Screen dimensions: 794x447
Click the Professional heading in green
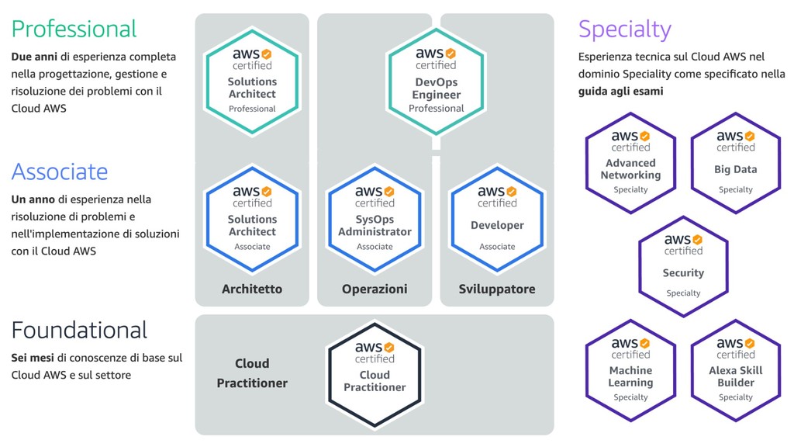74,29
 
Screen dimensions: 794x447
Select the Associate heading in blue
60,172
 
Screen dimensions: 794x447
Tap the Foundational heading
80,330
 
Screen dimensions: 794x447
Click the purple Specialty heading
625,30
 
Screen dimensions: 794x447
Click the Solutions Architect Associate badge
252,219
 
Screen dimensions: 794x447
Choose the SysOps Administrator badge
375,219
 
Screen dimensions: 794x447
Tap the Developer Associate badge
497,219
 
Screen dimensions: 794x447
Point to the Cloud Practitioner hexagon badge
375,375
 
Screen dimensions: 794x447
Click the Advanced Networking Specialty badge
630,163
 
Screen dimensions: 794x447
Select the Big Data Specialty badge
736,163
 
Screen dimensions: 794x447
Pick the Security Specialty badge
683,267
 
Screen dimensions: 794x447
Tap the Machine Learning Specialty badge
630,370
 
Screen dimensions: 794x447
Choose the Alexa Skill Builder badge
736,370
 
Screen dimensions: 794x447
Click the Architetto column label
252,289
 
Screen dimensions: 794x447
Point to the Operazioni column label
375,289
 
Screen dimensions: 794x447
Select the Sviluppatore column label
497,289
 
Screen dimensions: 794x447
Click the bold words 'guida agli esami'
621,92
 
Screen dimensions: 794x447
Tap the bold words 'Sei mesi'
33,358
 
